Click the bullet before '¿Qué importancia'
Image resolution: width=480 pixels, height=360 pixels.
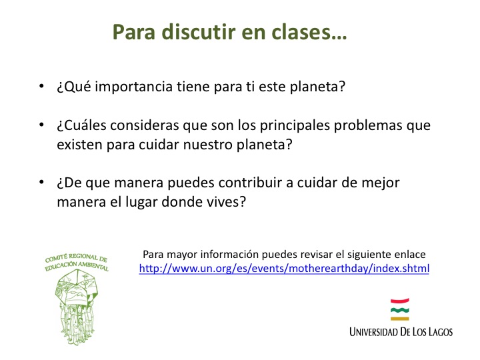pyautogui.click(x=41, y=86)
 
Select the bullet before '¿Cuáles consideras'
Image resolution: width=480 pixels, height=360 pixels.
pyautogui.click(x=41, y=125)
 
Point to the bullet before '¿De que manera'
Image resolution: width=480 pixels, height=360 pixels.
pyautogui.click(x=41, y=183)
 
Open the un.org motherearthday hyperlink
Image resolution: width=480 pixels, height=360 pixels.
pyautogui.click(x=284, y=269)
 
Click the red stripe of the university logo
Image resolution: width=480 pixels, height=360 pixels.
pyautogui.click(x=400, y=301)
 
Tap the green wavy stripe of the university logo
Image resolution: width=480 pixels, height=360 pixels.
pyautogui.click(x=400, y=310)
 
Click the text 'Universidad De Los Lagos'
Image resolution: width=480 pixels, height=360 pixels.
pyautogui.click(x=401, y=332)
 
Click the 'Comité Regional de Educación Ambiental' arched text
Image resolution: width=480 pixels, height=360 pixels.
pyautogui.click(x=77, y=262)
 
